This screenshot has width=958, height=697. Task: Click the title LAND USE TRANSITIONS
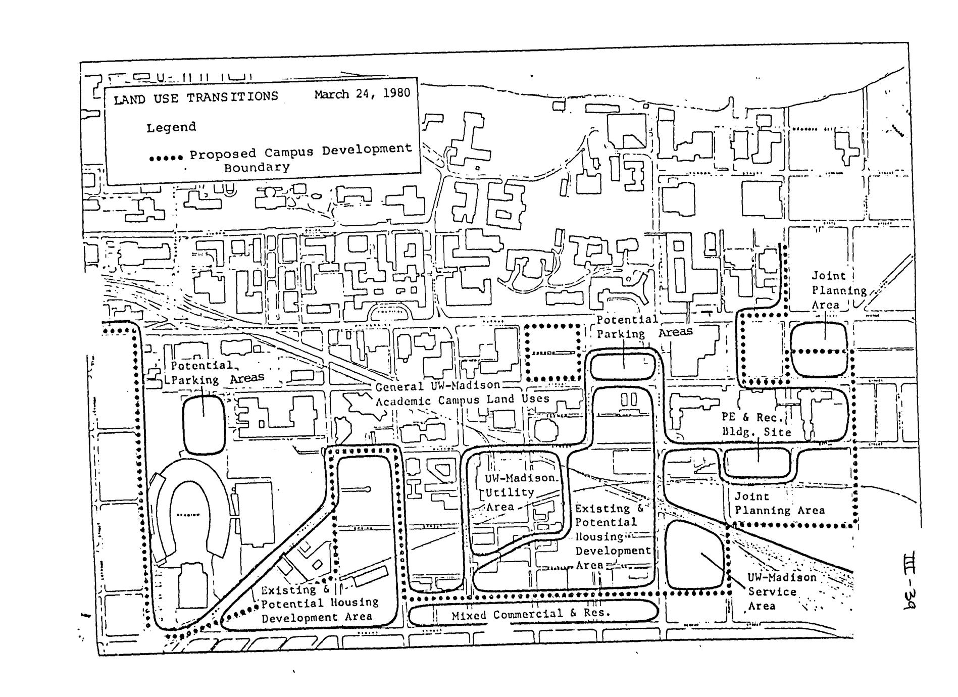196,97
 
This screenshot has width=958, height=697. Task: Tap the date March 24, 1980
362,94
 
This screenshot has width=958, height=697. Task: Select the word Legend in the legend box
171,127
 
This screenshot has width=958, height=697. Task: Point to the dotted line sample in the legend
166,158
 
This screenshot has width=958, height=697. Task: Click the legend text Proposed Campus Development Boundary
300,158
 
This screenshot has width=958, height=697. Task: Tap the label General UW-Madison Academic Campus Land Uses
462,393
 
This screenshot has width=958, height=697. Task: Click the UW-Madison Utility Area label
514,492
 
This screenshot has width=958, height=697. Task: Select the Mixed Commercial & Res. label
531,614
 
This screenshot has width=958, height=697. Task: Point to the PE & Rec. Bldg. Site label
755,425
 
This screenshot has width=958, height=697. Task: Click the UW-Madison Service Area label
781,591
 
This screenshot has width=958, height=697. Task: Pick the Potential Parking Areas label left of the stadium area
217,372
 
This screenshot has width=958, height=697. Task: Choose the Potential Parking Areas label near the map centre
644,327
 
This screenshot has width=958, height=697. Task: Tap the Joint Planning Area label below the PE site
779,504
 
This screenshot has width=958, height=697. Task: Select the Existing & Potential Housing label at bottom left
319,603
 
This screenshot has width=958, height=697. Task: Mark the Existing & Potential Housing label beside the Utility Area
612,536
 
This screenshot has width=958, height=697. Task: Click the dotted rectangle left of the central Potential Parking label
553,353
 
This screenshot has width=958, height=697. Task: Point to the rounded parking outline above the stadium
204,424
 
